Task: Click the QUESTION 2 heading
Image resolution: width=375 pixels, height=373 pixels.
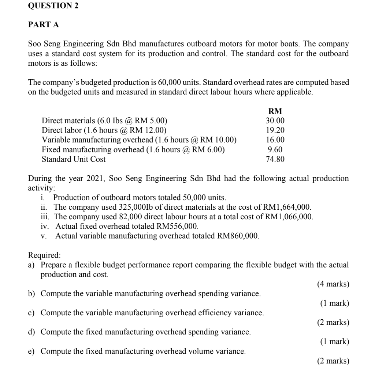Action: pos(53,6)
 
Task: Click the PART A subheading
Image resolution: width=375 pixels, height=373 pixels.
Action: pos(43,25)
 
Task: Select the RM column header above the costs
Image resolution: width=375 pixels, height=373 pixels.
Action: pos(275,111)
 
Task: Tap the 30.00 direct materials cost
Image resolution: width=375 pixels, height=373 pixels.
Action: pos(275,121)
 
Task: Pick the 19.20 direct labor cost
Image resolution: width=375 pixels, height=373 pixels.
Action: pos(275,130)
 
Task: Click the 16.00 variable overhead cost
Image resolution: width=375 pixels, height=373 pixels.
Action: pos(275,140)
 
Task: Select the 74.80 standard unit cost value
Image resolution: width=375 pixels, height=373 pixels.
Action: pos(275,159)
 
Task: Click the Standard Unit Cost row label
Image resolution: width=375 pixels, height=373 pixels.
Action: pos(74,159)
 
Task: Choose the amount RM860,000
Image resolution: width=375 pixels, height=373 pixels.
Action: pos(238,236)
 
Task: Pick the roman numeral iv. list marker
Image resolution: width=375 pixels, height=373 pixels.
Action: pos(45,226)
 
